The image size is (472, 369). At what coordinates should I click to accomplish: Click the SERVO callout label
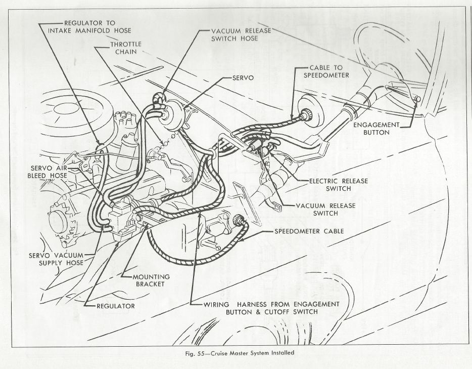[243, 78]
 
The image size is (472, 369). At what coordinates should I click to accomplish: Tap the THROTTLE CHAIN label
[126, 48]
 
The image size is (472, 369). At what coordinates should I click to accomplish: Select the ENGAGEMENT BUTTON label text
[376, 129]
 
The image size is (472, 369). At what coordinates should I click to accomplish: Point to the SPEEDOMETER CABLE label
[309, 231]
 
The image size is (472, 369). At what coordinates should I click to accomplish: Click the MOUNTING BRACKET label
[151, 280]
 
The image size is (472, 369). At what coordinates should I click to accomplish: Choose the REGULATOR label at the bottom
[116, 306]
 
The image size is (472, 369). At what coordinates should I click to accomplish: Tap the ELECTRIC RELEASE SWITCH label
[339, 185]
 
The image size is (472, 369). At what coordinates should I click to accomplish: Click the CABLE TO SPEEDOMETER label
[326, 71]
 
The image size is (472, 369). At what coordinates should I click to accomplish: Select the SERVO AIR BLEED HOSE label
[48, 172]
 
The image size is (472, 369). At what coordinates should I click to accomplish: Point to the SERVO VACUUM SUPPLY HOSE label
[56, 259]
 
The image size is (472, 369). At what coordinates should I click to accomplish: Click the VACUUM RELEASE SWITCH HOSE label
[241, 34]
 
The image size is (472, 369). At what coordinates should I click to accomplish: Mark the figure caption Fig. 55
[240, 353]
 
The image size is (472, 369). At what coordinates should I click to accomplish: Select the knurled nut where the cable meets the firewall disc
[306, 114]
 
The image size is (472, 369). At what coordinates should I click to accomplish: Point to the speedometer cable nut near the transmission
[238, 220]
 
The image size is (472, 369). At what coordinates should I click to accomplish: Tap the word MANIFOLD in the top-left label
[90, 30]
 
